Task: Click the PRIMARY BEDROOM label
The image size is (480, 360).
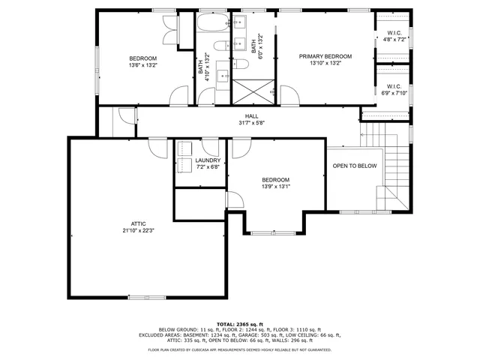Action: coord(325,56)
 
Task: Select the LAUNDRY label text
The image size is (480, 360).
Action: coord(208,160)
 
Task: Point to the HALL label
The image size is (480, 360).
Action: coord(251,116)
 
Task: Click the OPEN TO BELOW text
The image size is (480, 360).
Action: coord(355,166)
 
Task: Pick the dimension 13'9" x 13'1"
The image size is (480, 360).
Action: coord(276,187)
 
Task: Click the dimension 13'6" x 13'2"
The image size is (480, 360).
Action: coord(142,65)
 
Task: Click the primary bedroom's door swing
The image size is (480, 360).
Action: coord(288,94)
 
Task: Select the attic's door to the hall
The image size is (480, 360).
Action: coord(157,146)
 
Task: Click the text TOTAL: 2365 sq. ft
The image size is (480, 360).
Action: coord(239,323)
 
